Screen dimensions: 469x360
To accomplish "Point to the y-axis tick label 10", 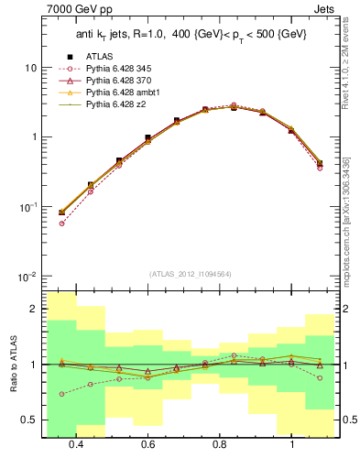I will pos(29,68).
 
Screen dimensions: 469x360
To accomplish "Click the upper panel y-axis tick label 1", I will pos(33,137).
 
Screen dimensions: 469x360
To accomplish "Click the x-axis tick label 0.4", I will pos(76,444).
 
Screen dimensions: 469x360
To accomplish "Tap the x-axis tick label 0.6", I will pos(147,444).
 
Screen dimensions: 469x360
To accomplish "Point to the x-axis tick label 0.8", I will pos(220,444).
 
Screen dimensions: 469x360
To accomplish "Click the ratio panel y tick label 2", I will pos(33,309).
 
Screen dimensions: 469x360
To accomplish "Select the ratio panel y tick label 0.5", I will pos(29,420).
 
